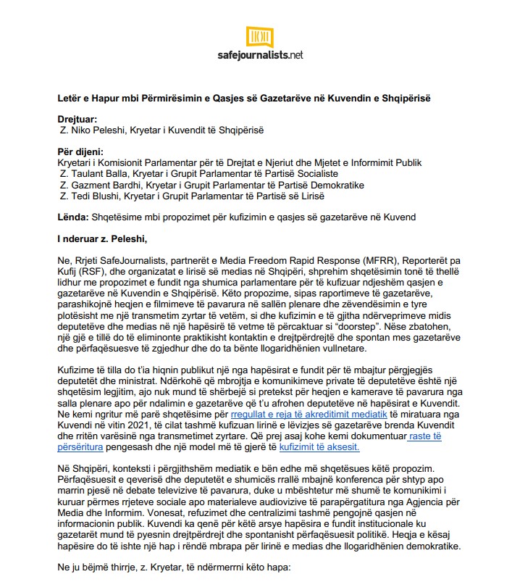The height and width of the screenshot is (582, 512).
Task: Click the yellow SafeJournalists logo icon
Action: click(x=259, y=36)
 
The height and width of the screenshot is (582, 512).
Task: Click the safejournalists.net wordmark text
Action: click(x=259, y=54)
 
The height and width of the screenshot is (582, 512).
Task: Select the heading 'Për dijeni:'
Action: click(x=80, y=152)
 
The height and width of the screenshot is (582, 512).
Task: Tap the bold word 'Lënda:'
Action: click(x=73, y=217)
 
